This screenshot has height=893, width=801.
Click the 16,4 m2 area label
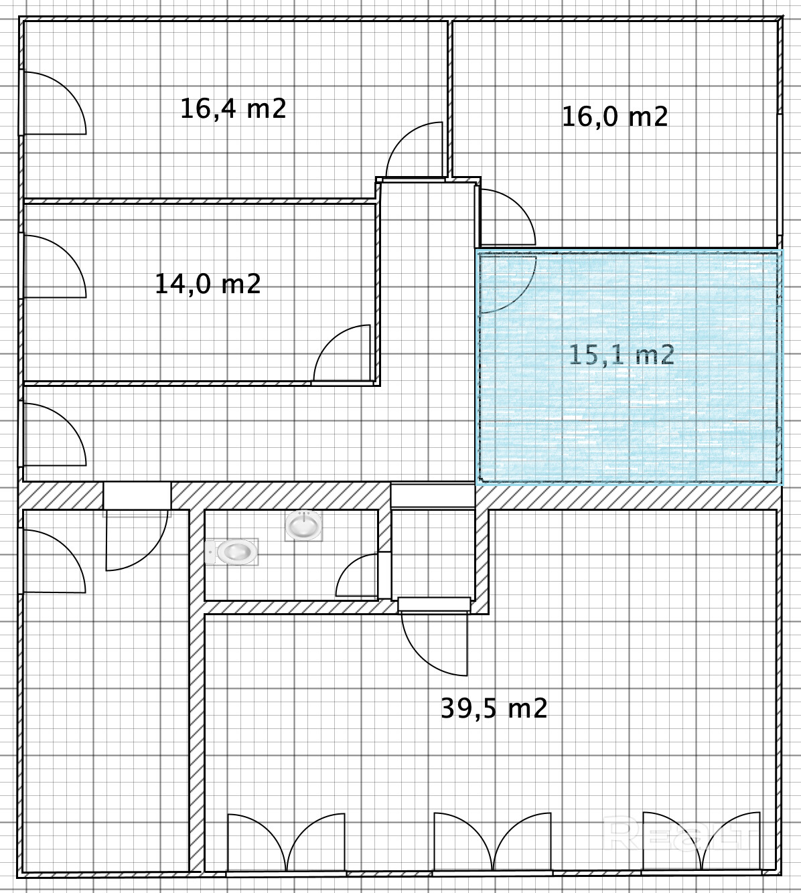[233, 108]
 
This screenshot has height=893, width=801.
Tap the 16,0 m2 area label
[615, 116]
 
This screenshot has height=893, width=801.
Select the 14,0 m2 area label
[208, 284]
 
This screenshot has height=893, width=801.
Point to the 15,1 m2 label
[622, 354]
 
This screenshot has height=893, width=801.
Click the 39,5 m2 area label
[494, 708]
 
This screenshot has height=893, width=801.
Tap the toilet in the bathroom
[232, 552]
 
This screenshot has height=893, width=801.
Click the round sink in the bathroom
[303, 525]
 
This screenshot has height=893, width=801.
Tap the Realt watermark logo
[678, 832]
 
